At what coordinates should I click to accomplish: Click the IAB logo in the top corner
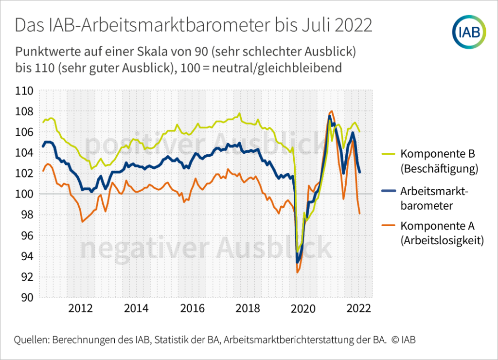coord(469,32)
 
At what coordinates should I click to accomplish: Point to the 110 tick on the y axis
coord(24,91)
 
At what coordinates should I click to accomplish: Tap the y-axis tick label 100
coord(24,194)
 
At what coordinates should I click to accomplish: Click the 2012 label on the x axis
coord(80,308)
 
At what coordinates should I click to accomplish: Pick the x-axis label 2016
coord(192,308)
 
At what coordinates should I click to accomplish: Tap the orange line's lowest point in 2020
coord(297,272)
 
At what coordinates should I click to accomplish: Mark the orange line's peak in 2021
coord(332,111)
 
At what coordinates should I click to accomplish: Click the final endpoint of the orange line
coord(359,214)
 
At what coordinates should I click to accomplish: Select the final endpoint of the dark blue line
coord(360,172)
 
